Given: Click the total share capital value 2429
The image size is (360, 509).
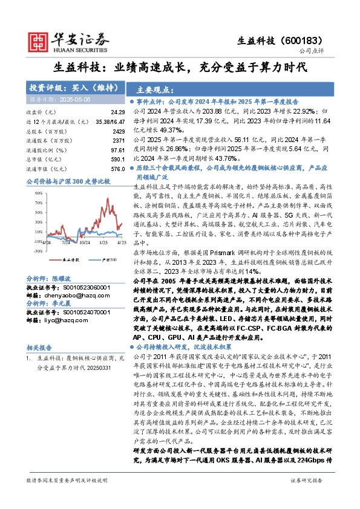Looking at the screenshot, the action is tap(118, 131).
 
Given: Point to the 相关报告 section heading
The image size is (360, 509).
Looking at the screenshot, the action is tap(41, 348).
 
